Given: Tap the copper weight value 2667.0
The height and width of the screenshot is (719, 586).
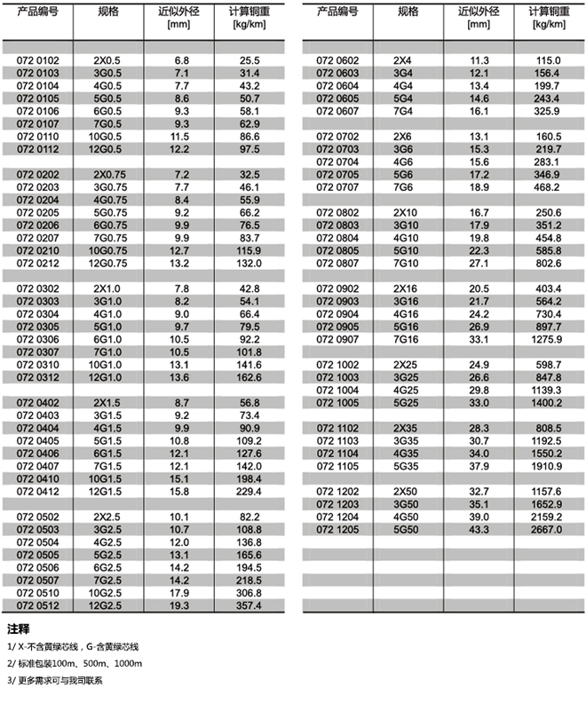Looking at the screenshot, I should click(x=546, y=529).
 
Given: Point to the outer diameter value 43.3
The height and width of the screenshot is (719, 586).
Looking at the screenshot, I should click(x=479, y=529).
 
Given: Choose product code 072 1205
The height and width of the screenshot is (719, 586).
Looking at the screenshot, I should click(x=337, y=529).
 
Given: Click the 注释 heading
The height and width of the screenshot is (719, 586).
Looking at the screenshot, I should click(x=19, y=629).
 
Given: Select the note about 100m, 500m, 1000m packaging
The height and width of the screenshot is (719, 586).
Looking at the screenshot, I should click(x=75, y=664).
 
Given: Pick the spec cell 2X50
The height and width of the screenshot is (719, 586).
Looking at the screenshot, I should click(x=408, y=491).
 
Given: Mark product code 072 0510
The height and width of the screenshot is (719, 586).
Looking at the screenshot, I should click(x=37, y=593).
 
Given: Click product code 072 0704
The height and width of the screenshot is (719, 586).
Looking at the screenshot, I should click(x=337, y=162).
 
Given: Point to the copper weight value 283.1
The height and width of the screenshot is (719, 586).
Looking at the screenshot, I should click(x=546, y=162).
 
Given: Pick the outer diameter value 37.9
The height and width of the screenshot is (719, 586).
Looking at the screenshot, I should click(x=479, y=465).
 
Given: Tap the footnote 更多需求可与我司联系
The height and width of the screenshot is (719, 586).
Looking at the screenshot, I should click(x=56, y=681).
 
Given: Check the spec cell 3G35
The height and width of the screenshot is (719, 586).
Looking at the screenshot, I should click(x=408, y=440).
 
